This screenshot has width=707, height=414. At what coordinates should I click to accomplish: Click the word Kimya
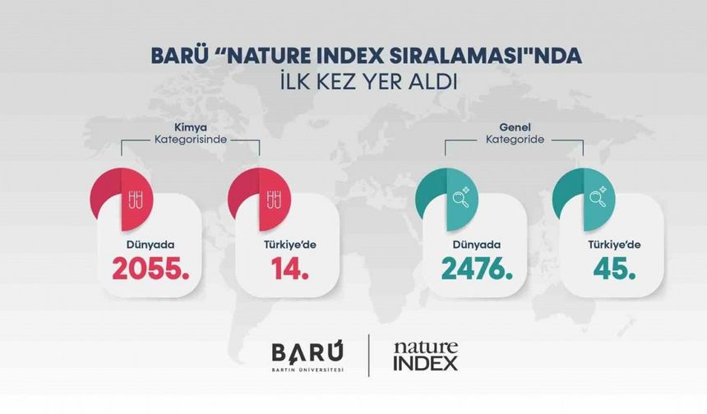click(191, 128)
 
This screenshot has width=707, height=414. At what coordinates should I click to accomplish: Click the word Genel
click(515, 128)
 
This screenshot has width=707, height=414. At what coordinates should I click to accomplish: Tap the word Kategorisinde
click(191, 140)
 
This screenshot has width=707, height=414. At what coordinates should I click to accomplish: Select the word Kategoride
click(515, 140)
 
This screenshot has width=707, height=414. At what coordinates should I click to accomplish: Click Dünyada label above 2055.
click(149, 243)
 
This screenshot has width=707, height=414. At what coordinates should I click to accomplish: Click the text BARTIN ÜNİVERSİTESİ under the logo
click(308, 370)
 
